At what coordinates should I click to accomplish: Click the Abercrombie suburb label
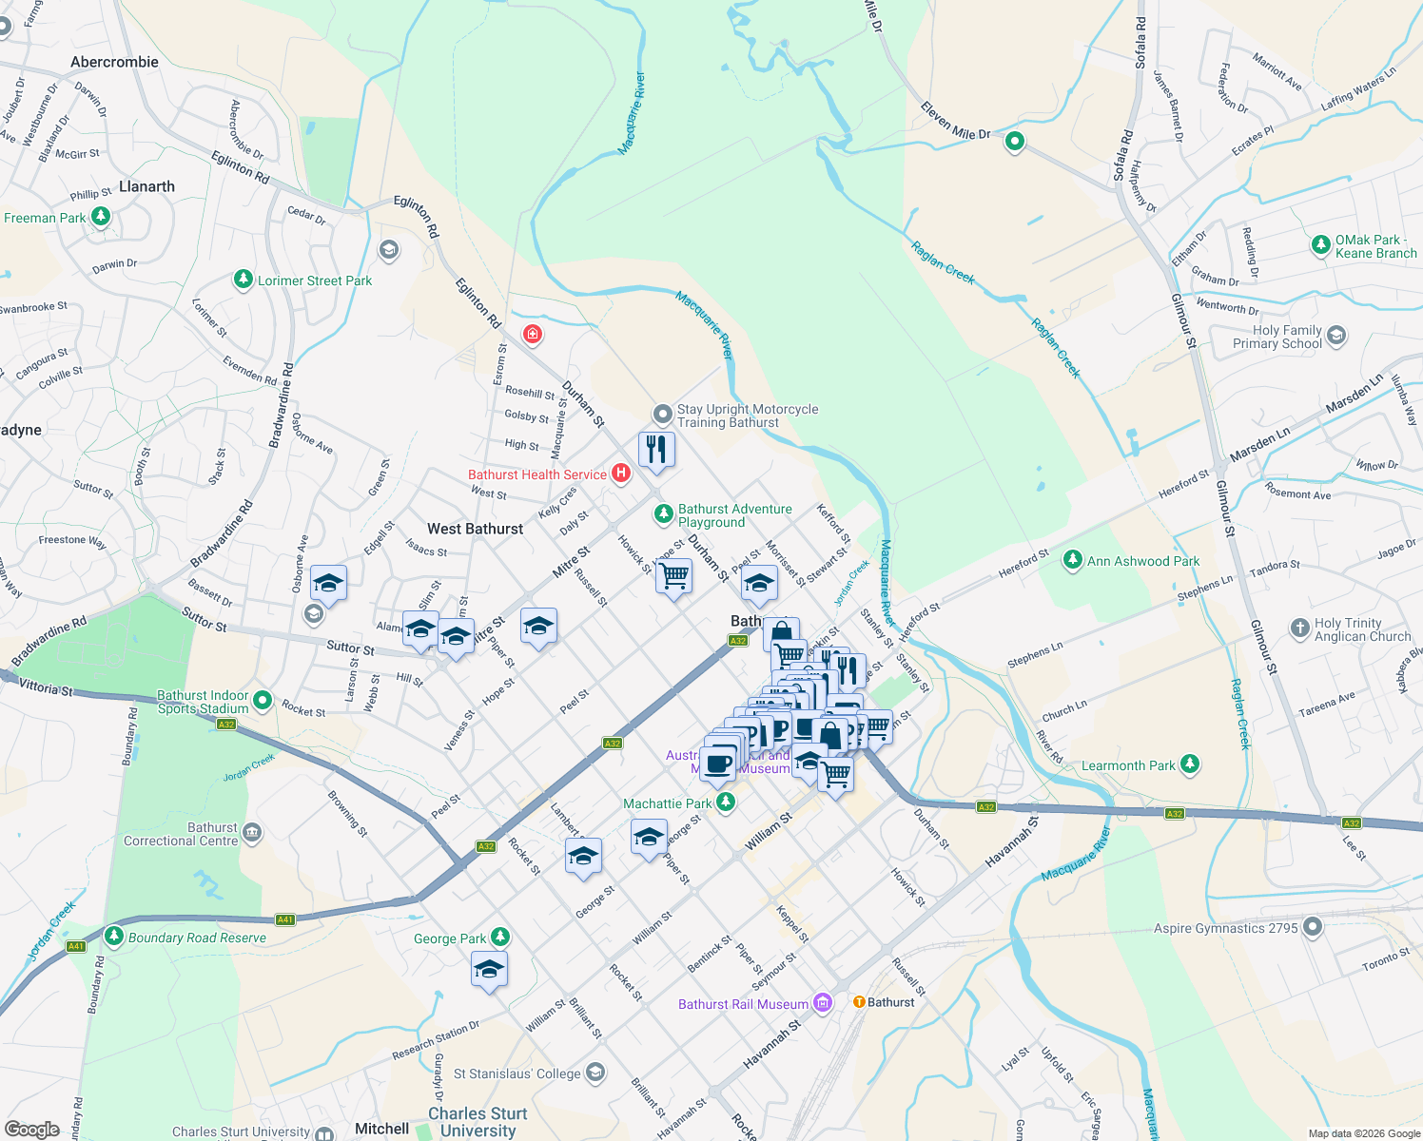click(x=114, y=62)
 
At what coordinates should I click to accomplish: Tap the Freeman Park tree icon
click(x=101, y=217)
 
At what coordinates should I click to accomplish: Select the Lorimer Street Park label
click(x=315, y=280)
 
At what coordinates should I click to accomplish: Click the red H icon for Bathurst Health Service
click(x=621, y=473)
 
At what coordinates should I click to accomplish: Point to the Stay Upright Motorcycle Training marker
click(x=662, y=415)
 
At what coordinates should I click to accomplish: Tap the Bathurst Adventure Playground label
click(x=734, y=515)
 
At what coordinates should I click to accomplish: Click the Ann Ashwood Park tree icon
click(x=1073, y=560)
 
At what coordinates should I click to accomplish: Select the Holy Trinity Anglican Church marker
click(x=1300, y=629)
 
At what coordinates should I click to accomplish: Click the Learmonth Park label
click(x=1128, y=765)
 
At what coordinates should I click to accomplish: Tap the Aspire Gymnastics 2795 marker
click(x=1314, y=926)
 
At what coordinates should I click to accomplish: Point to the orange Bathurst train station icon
click(x=859, y=1001)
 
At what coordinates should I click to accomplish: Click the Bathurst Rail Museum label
click(x=743, y=1004)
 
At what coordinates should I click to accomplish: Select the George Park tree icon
click(x=500, y=938)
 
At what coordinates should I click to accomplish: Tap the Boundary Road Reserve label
click(x=197, y=938)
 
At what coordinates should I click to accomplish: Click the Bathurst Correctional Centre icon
click(x=252, y=833)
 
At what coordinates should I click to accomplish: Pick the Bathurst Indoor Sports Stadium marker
click(x=263, y=702)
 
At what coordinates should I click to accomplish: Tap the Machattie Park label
click(x=667, y=803)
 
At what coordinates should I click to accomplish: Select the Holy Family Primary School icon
click(x=1336, y=335)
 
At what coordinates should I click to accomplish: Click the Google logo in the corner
click(x=31, y=1129)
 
